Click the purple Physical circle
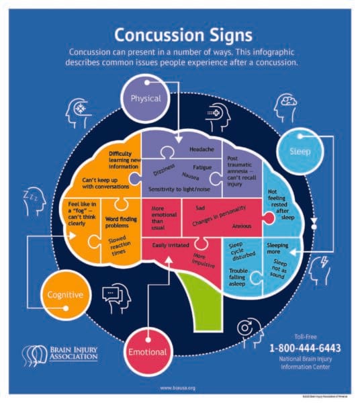pos(146,99)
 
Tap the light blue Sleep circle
pos(300,151)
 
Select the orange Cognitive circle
pos(66,295)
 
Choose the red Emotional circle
pos(145,351)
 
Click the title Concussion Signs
pos(179,34)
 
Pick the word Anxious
pos(241,226)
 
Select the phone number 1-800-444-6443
pos(306,348)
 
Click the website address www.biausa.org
pos(178,388)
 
